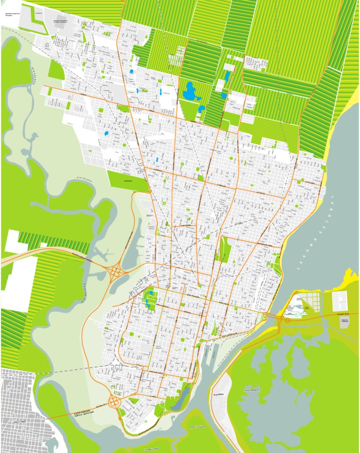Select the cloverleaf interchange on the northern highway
[114, 271]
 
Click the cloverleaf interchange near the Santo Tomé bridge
[114, 401]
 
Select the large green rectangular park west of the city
[126, 181]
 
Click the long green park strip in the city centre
[225, 248]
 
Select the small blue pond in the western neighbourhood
[106, 133]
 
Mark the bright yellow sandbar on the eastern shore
[351, 277]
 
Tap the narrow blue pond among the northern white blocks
[227, 75]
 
